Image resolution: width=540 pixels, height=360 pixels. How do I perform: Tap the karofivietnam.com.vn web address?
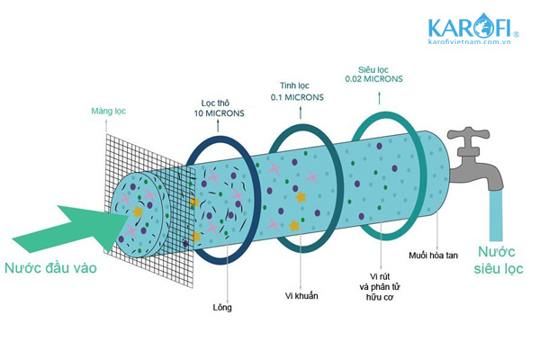[469, 41]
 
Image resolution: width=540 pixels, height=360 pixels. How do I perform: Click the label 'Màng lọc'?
[109, 112]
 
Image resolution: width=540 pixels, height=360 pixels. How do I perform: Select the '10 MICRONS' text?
[219, 113]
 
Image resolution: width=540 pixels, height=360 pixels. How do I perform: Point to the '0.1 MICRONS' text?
[297, 97]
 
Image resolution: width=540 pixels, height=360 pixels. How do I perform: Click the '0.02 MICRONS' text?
[373, 79]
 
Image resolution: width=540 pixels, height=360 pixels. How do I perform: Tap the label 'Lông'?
[222, 308]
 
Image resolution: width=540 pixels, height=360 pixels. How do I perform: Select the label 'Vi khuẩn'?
[301, 295]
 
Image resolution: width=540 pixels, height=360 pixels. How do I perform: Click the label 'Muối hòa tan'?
[433, 256]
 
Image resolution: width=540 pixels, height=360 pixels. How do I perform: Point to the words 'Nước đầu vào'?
[50, 268]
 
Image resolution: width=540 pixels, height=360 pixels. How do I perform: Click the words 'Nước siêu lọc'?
[499, 260]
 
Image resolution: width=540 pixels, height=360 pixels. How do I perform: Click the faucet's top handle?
[468, 134]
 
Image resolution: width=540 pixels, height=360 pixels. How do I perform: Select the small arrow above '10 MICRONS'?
[218, 125]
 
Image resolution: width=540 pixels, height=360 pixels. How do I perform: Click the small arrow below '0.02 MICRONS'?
[380, 98]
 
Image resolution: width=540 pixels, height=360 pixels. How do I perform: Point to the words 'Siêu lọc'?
[373, 70]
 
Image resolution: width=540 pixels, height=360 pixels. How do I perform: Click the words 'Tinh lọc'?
[294, 85]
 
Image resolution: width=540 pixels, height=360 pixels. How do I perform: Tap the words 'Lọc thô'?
[215, 103]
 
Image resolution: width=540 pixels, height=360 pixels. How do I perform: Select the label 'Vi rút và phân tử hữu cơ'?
[380, 287]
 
